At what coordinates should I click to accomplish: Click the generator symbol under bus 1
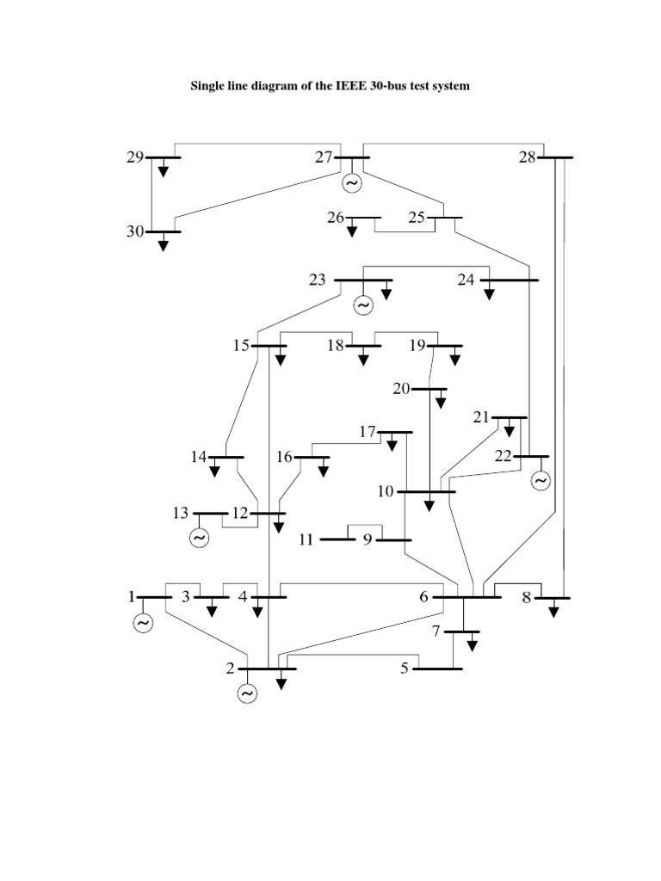pos(143,623)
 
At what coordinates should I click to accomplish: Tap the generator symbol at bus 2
pos(248,693)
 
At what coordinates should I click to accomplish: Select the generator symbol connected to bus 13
pos(199,539)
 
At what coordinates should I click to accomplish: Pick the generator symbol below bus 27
pos(351,183)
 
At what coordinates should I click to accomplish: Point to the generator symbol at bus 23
pos(362,305)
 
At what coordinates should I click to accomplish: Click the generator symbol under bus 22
pos(540,481)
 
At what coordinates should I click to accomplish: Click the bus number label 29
pos(134,157)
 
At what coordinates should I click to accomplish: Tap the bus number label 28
pos(528,157)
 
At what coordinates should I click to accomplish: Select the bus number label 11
pos(306,540)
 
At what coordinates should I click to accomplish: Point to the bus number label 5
pos(405,668)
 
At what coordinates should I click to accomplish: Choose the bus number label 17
pos(368,431)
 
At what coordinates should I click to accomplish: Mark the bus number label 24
pos(466,280)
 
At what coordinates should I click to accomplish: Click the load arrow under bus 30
pos(164,244)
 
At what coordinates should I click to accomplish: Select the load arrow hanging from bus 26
pos(351,230)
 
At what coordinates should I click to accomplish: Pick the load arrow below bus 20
pos(441,402)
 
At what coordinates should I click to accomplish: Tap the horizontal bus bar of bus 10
pos(428,491)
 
